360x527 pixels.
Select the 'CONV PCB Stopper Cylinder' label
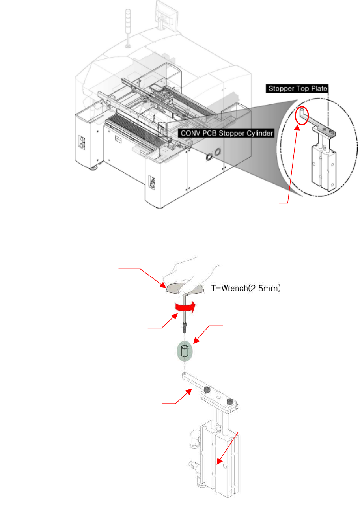(x=226, y=133)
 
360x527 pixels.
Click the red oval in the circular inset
(x=301, y=115)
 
